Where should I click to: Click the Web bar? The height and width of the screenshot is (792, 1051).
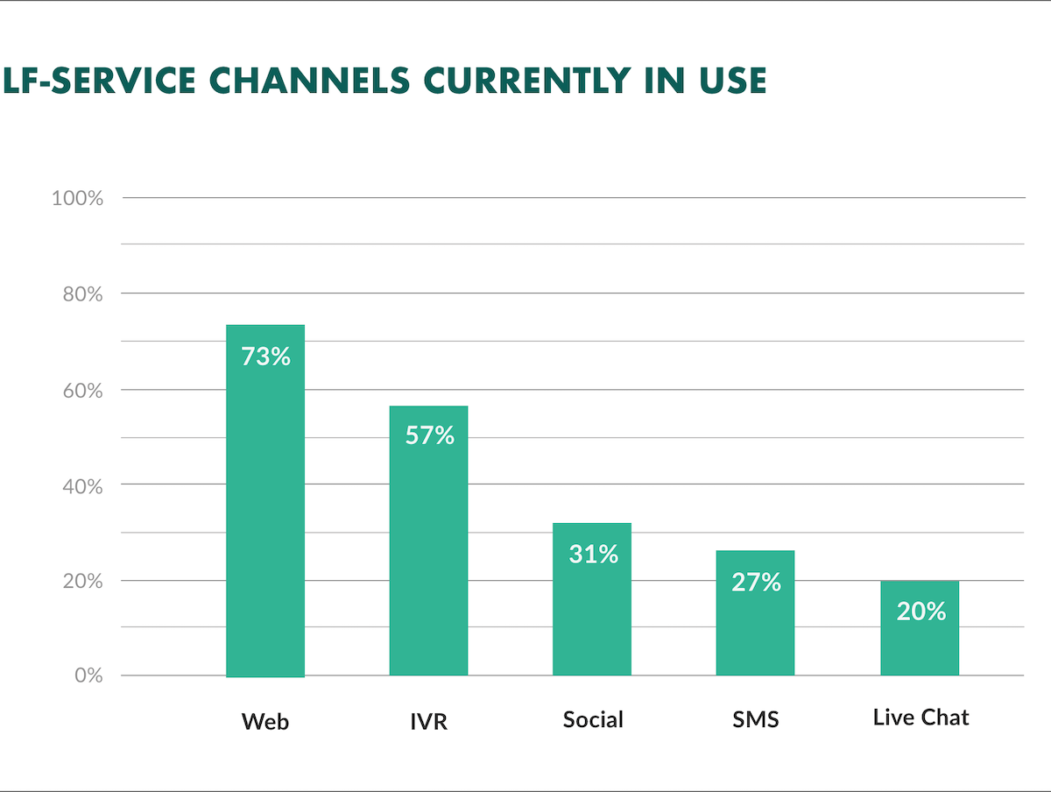point(265,501)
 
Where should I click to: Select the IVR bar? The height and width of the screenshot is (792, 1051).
point(428,541)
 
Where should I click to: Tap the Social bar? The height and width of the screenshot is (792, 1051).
point(592,599)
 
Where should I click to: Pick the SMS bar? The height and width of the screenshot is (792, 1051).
point(755,613)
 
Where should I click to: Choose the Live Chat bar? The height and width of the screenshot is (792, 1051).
point(920,628)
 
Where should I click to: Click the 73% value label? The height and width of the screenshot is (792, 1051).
point(265,357)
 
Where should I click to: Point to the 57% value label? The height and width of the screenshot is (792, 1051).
point(429,435)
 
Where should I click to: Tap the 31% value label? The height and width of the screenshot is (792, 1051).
point(593,554)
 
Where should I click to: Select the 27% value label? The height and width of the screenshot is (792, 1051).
point(757,582)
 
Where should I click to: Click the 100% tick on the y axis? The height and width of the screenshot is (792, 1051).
point(78,198)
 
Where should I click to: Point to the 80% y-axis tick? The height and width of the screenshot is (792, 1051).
point(83,294)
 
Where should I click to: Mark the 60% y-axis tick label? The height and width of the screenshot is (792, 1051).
point(83,391)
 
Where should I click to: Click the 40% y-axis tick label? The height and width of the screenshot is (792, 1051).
point(83,486)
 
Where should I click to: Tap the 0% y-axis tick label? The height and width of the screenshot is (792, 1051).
point(88,675)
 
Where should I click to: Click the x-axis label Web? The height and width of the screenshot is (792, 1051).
point(265,721)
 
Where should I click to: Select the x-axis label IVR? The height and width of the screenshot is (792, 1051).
point(428,721)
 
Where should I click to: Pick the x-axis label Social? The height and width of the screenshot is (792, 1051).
point(593,719)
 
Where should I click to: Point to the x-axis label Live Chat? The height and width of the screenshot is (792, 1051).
point(921,718)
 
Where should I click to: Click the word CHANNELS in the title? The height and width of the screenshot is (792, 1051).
point(309,80)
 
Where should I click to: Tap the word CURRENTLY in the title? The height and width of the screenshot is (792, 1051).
point(527,80)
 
